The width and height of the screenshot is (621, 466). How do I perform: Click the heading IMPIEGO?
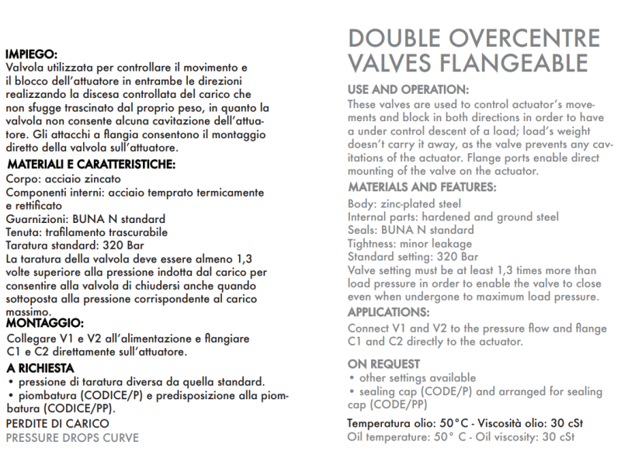tap(32, 54)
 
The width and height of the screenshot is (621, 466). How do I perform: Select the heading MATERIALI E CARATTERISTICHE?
tap(91, 165)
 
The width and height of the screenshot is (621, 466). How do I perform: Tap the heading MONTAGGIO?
tap(44, 322)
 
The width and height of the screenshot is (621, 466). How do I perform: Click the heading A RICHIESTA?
tap(40, 367)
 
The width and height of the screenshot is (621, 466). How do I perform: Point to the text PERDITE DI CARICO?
tap(57, 424)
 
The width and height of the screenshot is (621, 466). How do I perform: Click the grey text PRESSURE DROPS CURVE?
tap(72, 438)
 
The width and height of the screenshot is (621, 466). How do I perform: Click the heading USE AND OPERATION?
tap(408, 89)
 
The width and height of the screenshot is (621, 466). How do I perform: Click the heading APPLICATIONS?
tap(388, 312)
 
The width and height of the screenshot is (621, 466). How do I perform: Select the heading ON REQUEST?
tap(384, 363)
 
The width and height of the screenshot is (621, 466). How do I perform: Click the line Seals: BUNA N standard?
tap(411, 231)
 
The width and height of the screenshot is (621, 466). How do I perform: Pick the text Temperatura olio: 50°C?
tap(403, 424)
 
